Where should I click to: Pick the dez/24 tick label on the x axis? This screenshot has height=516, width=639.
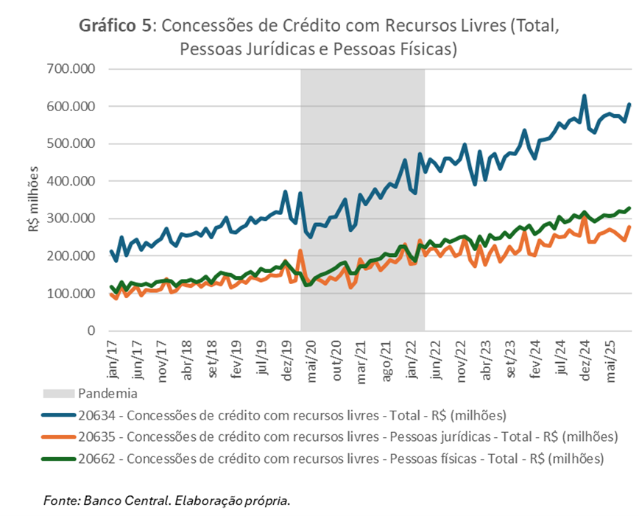(x=585, y=355)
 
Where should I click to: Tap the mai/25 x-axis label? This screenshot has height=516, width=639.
(x=610, y=355)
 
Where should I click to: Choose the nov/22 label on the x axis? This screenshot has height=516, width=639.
(x=461, y=355)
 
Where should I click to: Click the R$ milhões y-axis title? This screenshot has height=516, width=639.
(x=34, y=199)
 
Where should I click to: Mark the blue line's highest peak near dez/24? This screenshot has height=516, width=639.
(x=585, y=96)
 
